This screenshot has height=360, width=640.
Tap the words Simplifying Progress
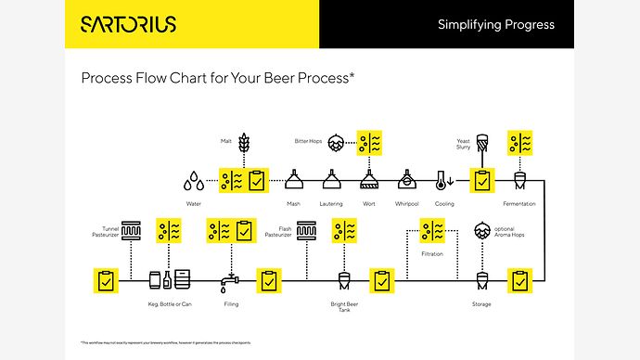click(495, 24)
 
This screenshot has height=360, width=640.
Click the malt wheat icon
click(245, 142)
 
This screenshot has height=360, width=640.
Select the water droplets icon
click(194, 178)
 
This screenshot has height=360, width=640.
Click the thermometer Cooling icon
click(444, 179)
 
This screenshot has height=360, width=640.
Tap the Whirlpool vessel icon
click(406, 179)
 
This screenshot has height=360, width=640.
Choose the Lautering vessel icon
click(331, 179)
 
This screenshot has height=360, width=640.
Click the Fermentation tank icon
click(519, 179)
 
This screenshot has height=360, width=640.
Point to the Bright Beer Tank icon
click(344, 279)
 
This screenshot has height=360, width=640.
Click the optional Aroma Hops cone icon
click(481, 230)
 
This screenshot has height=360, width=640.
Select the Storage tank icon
click(481, 279)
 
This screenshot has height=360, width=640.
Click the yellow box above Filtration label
click(432, 230)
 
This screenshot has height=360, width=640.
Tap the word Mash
click(293, 203)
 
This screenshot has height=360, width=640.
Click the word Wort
click(368, 203)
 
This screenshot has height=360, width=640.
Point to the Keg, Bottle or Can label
click(171, 303)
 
